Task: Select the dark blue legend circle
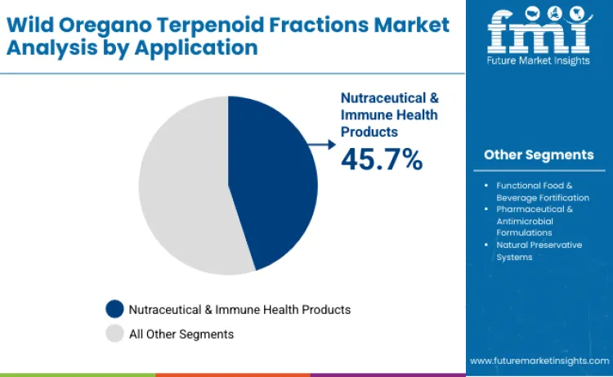(x=115, y=309)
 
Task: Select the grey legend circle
(x=115, y=334)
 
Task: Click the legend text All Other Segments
(x=181, y=334)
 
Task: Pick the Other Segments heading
(x=539, y=155)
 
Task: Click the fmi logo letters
(x=539, y=32)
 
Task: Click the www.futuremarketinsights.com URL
(x=539, y=360)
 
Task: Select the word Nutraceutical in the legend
(x=168, y=309)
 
